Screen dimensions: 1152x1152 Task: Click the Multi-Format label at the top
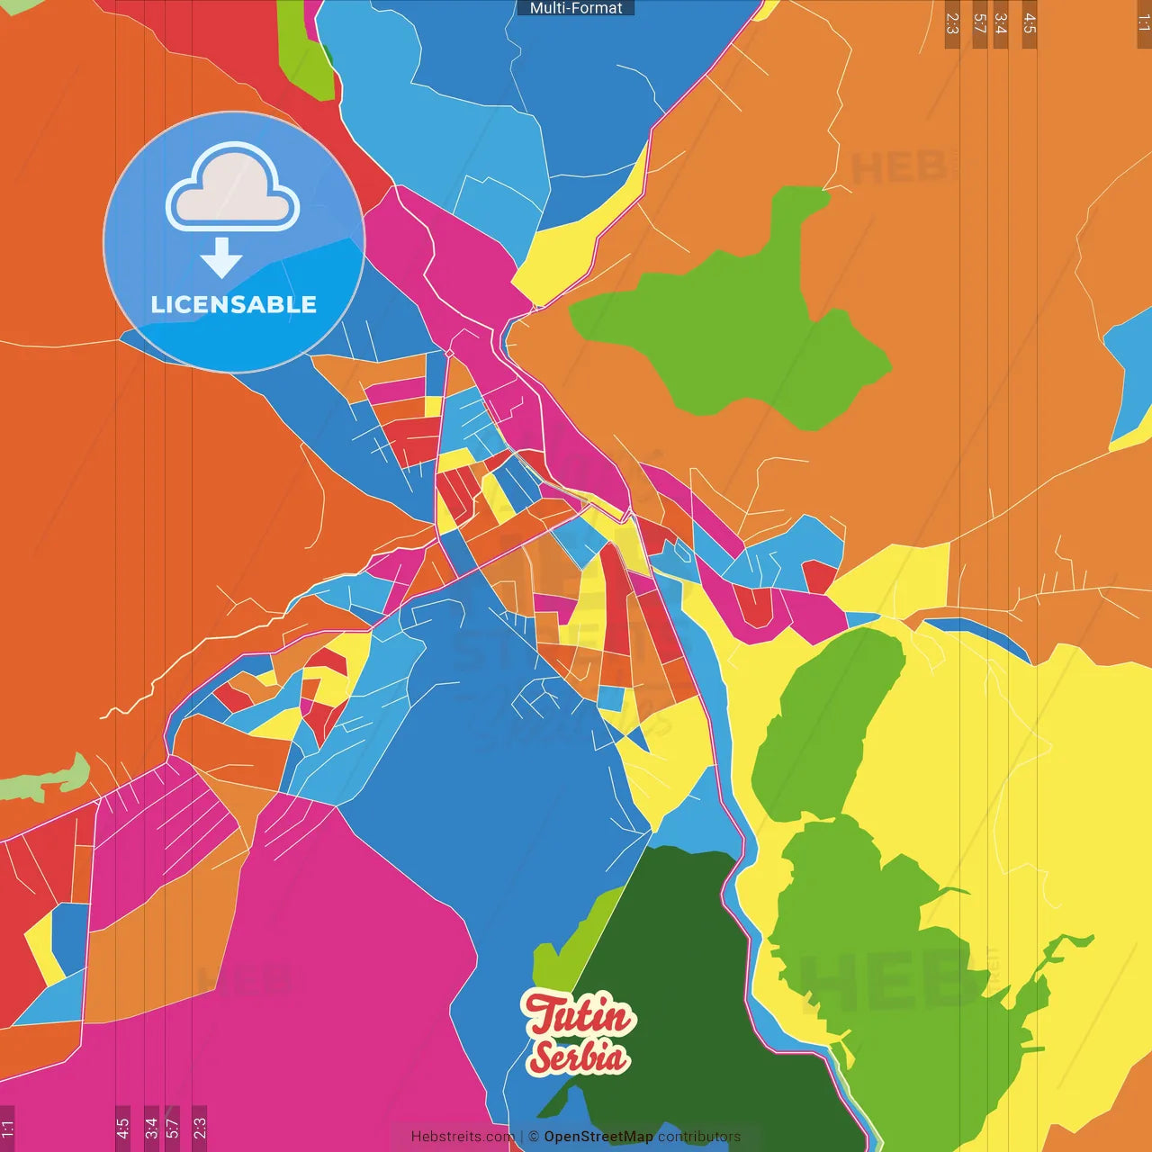click(576, 8)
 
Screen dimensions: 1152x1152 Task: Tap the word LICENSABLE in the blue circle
click(234, 305)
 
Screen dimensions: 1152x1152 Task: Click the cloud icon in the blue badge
click(232, 186)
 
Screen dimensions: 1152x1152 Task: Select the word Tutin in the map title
click(579, 1016)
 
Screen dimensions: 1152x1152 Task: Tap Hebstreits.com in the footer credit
click(463, 1137)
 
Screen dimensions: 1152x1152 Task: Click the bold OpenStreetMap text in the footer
click(598, 1137)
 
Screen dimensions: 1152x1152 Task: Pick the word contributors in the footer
click(699, 1137)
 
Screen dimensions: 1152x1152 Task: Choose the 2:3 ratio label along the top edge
click(952, 23)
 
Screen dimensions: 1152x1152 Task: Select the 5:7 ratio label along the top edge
click(980, 23)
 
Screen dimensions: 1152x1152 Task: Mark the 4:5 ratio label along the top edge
click(1030, 23)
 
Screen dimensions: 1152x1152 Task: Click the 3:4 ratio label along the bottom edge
click(151, 1128)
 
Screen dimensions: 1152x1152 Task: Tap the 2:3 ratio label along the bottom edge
click(200, 1128)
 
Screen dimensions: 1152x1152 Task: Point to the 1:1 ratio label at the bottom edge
click(7, 1128)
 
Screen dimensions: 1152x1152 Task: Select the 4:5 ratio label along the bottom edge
click(122, 1128)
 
